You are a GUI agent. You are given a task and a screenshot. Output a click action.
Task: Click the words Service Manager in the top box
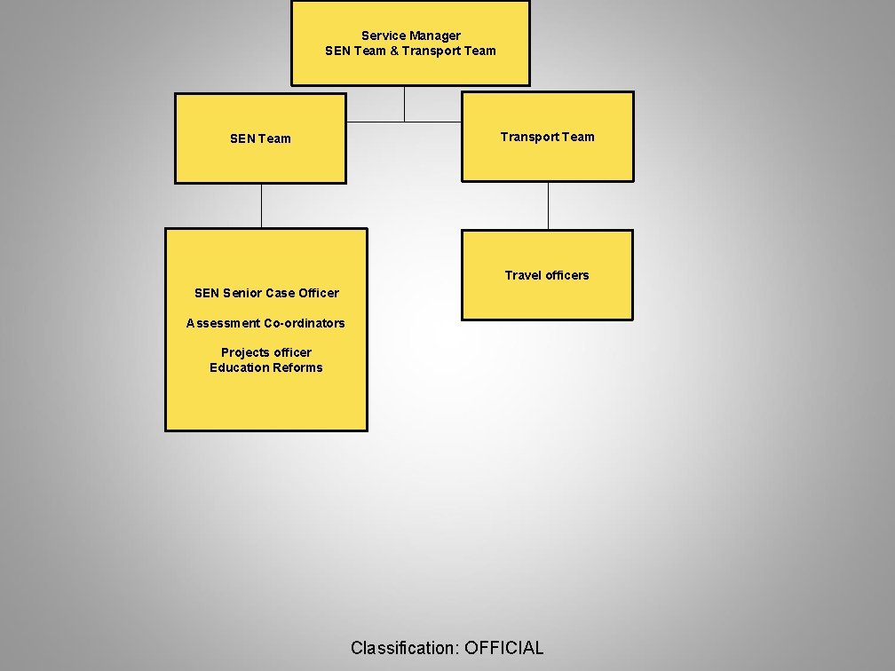tap(410, 36)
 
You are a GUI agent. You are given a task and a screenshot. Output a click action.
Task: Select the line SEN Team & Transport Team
tap(410, 51)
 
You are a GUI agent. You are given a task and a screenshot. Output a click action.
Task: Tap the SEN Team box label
tap(260, 138)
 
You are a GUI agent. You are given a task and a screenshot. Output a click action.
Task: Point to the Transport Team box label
tap(547, 137)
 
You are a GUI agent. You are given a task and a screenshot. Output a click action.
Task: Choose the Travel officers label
tap(547, 275)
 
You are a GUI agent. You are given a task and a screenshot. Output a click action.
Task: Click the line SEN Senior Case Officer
tap(266, 293)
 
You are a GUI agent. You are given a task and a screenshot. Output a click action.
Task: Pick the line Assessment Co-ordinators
tap(265, 323)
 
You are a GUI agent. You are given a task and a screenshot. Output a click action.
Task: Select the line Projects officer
tap(266, 352)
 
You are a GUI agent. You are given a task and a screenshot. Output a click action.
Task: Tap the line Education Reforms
tap(266, 367)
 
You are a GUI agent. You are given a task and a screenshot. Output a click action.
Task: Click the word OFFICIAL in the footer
tap(503, 648)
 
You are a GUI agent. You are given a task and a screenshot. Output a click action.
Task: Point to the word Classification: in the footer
tap(405, 648)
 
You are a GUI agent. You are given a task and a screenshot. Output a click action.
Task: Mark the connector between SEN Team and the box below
tap(261, 206)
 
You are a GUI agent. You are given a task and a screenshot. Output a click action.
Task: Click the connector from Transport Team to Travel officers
tap(548, 206)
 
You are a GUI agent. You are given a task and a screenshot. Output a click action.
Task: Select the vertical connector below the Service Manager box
tap(404, 103)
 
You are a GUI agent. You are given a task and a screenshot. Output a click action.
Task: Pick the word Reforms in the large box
tap(298, 367)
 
